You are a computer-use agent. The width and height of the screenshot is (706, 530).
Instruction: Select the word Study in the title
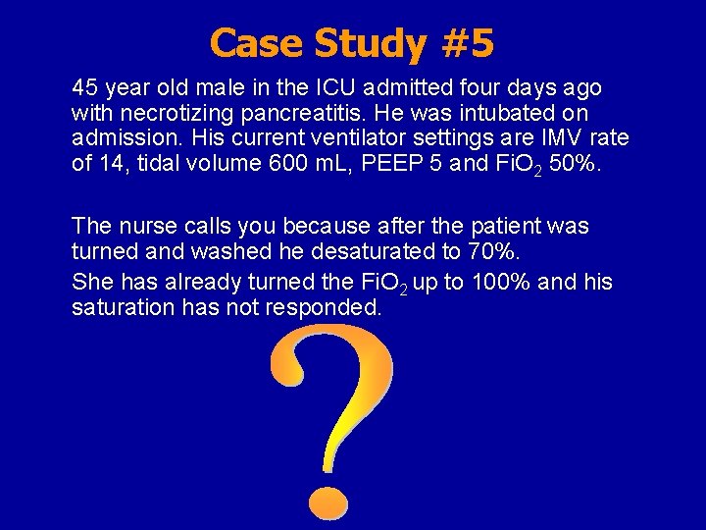click(367, 43)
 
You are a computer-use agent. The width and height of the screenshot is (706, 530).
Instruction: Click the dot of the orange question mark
click(325, 501)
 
